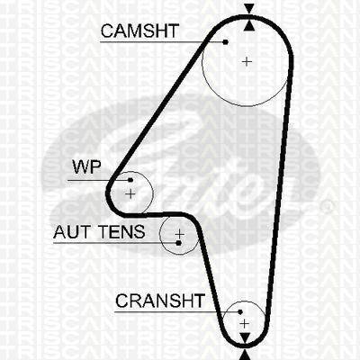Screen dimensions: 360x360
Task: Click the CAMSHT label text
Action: click(139, 31)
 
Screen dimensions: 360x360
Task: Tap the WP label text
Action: click(86, 166)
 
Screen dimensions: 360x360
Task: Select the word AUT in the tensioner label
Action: click(72, 231)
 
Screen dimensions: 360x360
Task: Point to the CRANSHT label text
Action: click(160, 301)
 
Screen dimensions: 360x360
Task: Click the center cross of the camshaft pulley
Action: click(247, 61)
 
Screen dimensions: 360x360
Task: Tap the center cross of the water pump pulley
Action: click(130, 194)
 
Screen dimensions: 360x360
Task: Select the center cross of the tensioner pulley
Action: click(179, 233)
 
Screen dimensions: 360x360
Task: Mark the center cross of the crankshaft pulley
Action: click(245, 324)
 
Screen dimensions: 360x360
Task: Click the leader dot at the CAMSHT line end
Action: click(226, 42)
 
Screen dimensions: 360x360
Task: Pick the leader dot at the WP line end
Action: click(130, 180)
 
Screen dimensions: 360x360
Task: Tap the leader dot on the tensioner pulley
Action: click(178, 243)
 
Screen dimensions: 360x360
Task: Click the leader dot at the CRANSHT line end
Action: click(240, 312)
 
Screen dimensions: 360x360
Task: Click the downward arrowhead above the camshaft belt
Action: click(249, 8)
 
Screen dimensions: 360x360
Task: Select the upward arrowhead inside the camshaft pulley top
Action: click(249, 25)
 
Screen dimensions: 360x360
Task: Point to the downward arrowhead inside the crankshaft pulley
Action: click(245, 337)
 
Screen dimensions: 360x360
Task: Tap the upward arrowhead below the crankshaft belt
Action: click(245, 355)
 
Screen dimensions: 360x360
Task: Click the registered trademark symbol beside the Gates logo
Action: click(328, 205)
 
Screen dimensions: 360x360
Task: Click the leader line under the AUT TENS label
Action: click(116, 243)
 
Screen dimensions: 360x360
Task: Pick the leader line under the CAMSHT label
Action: click(163, 42)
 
